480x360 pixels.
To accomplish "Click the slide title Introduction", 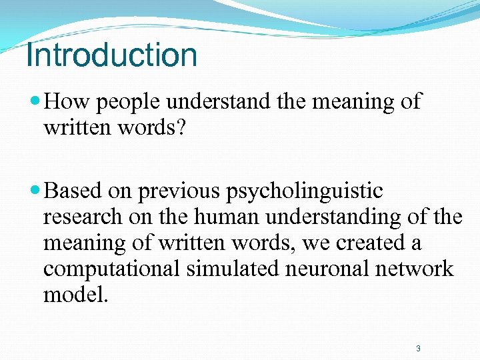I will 112,55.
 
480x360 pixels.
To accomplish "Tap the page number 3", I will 418,348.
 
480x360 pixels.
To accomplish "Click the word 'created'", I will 371,243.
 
